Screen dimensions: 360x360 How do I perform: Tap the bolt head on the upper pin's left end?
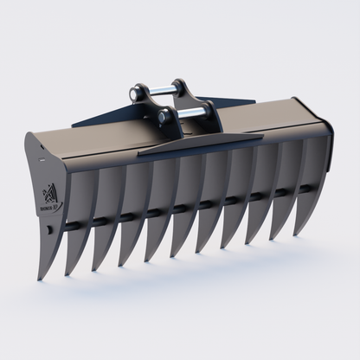135,89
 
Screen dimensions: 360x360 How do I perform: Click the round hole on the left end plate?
49,230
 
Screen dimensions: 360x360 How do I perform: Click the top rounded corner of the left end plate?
34,138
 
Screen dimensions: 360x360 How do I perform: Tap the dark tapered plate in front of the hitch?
199,143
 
